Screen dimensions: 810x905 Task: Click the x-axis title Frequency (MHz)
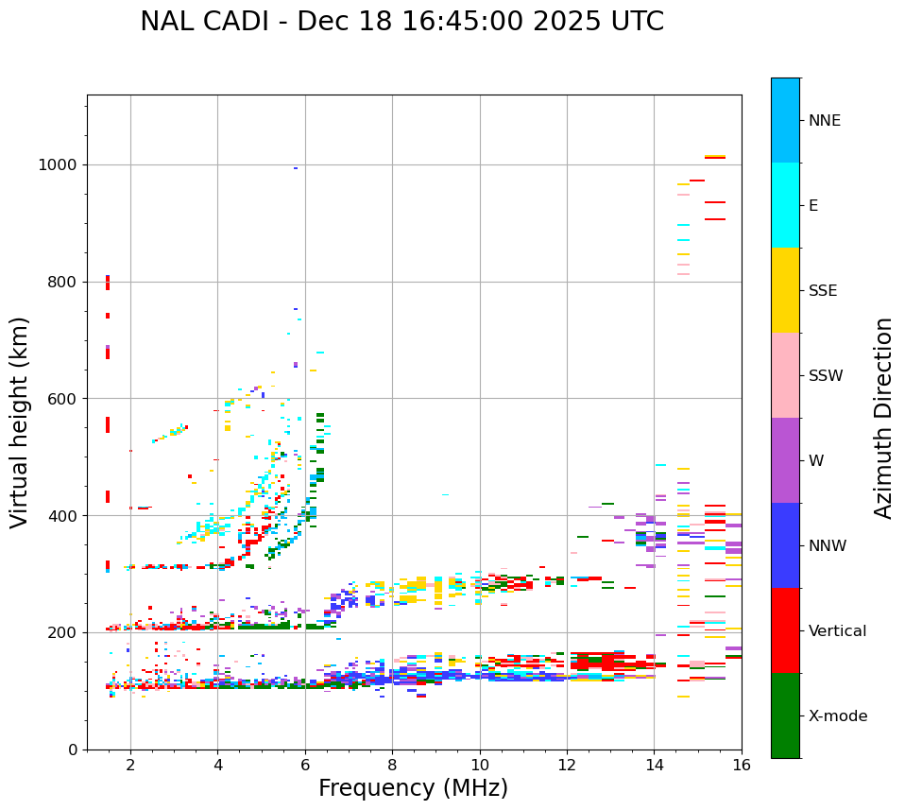pyautogui.click(x=413, y=788)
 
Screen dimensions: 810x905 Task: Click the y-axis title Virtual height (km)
pyautogui.click(x=20, y=422)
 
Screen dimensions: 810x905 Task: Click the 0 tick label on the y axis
pyautogui.click(x=72, y=750)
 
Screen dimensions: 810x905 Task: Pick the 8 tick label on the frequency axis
pyautogui.click(x=392, y=766)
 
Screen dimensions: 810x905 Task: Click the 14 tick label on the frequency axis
pyautogui.click(x=654, y=766)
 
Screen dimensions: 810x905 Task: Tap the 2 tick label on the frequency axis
pyautogui.click(x=130, y=766)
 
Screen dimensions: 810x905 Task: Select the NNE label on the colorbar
pyautogui.click(x=825, y=121)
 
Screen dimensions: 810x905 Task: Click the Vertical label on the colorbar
pyautogui.click(x=837, y=631)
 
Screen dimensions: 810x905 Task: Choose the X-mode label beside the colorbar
pyautogui.click(x=838, y=716)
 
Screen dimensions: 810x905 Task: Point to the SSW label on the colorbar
pyautogui.click(x=826, y=376)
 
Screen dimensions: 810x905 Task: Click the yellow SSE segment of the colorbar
pyautogui.click(x=785, y=290)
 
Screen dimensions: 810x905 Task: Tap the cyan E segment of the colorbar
pyautogui.click(x=785, y=205)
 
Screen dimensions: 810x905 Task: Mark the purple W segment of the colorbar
pyautogui.click(x=785, y=460)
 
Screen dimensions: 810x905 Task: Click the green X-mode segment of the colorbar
pyautogui.click(x=785, y=715)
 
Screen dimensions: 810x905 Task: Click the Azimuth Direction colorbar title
pyautogui.click(x=883, y=418)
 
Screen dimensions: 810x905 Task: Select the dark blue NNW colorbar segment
pyautogui.click(x=785, y=545)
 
